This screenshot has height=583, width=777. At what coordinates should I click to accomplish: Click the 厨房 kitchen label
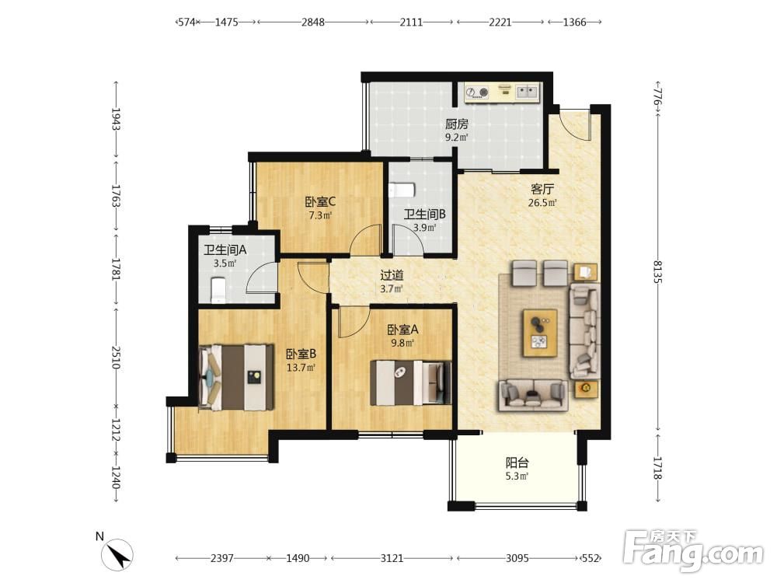pos(456,124)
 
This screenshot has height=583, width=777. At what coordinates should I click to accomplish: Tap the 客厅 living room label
pos(542,189)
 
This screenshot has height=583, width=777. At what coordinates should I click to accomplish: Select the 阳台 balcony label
pos(517,463)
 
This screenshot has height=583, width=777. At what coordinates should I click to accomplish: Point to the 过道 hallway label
pos(392,274)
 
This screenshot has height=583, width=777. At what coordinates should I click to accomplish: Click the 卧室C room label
pos(320,202)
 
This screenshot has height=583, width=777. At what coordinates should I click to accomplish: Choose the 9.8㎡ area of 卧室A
pos(402,343)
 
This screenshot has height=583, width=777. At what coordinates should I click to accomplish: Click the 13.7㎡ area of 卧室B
pos(301,368)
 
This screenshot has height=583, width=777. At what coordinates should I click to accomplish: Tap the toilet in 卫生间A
pos(218,290)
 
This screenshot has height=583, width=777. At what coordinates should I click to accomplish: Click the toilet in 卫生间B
pos(402,190)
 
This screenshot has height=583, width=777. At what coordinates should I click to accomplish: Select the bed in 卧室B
pos(236,378)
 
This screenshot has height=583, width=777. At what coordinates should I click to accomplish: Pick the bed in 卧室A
pos(411,382)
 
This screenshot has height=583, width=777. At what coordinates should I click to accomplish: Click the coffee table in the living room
pos(540,333)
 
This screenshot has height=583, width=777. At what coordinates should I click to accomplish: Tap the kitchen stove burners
pos(478,92)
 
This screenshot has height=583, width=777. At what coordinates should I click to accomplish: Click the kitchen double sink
pos(527,91)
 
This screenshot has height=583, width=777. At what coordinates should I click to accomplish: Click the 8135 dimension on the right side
pos(657,271)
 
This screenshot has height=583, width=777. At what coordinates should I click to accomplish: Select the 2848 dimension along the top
pos(313,22)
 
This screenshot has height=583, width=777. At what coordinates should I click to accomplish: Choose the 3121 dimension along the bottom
pos(392,558)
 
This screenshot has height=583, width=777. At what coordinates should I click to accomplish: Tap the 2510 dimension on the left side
pos(116,358)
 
